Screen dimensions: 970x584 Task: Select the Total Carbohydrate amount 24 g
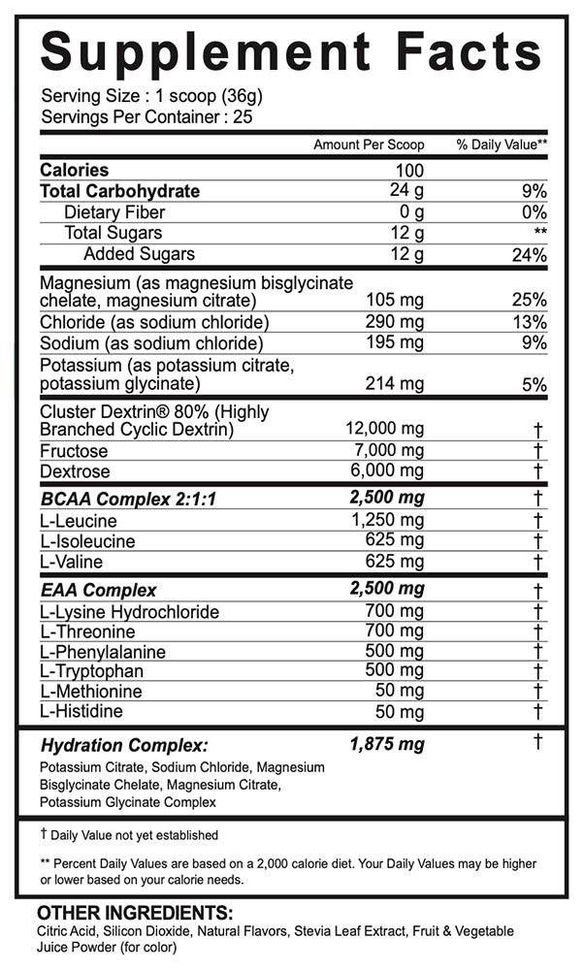tap(406, 191)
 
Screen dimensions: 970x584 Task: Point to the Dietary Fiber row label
tap(114, 212)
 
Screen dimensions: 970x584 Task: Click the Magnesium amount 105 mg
tap(395, 301)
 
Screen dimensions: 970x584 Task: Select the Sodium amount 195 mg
tap(395, 343)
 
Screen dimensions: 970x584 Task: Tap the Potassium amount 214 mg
tap(395, 383)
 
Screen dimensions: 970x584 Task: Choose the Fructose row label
tap(74, 451)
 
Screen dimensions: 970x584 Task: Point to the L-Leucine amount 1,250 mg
tap(390, 520)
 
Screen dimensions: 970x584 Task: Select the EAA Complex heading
tap(98, 590)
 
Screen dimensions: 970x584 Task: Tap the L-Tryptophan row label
tap(92, 671)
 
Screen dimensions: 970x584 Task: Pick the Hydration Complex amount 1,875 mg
tap(386, 745)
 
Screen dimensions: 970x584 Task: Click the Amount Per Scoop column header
tap(369, 145)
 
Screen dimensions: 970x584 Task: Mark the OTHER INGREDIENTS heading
tap(135, 914)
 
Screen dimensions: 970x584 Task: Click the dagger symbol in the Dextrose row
tap(536, 471)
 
